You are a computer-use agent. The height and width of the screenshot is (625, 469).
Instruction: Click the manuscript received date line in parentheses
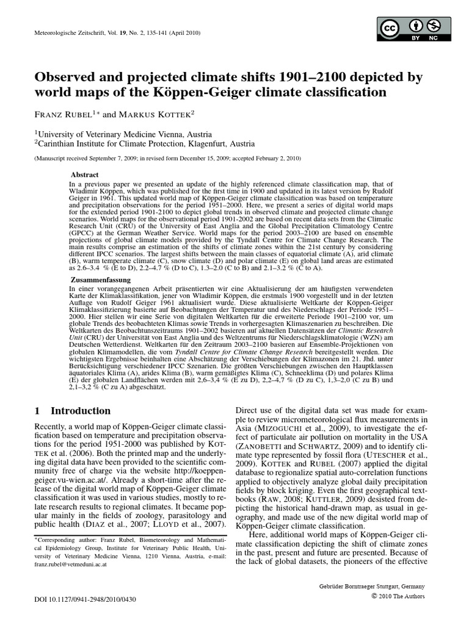pos(167,158)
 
